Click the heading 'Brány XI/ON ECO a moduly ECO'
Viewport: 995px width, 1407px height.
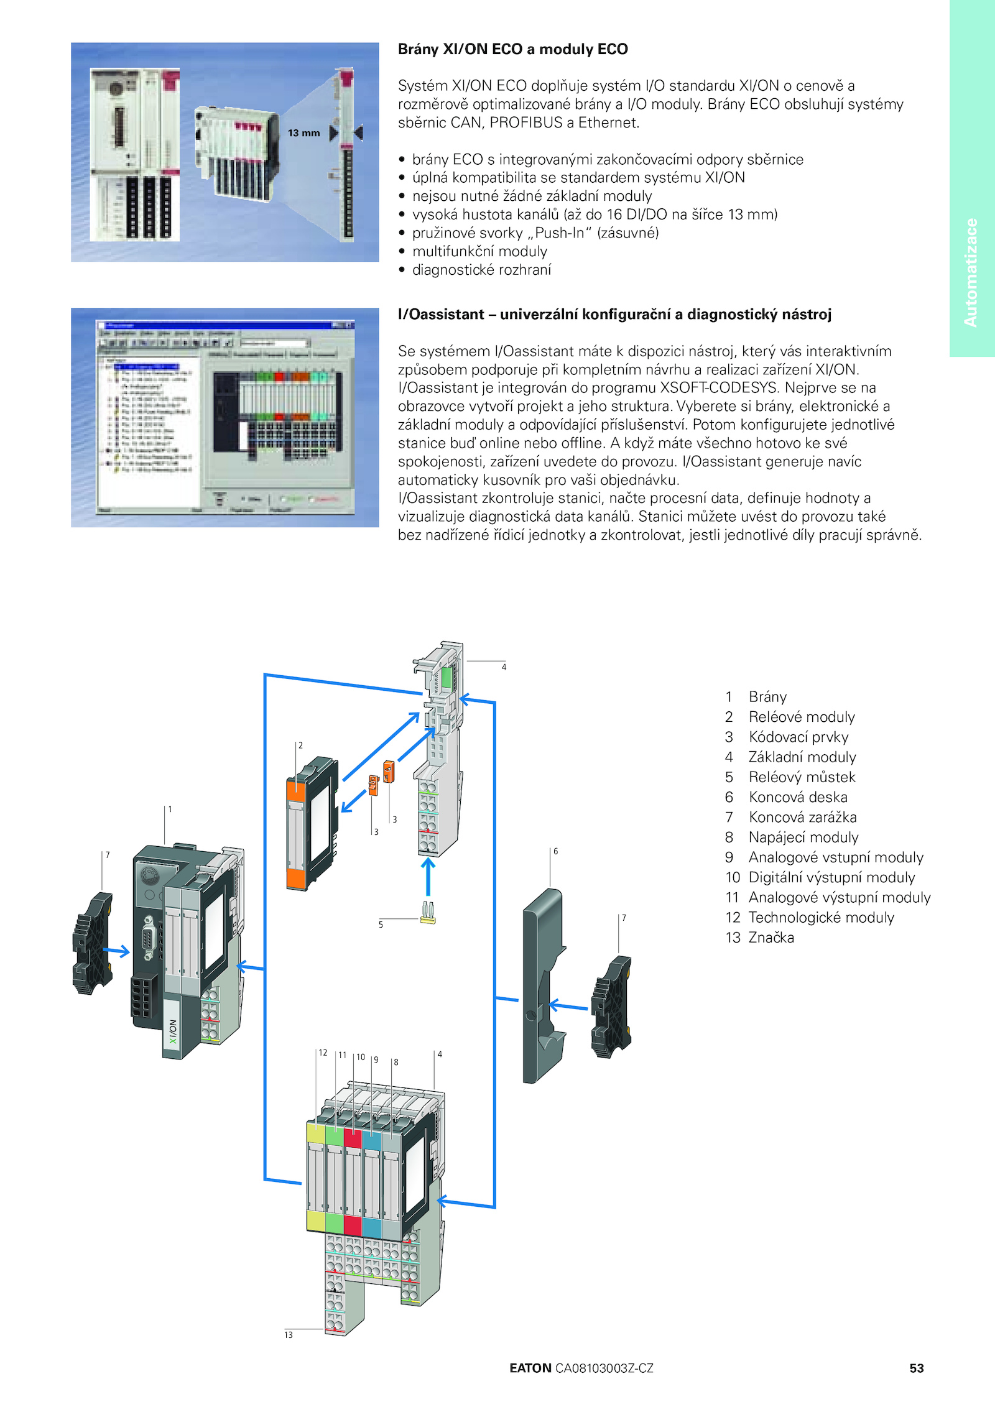pyautogui.click(x=512, y=49)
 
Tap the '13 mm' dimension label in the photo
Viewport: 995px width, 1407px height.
pyautogui.click(x=303, y=133)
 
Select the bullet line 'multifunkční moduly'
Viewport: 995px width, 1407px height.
pyautogui.click(x=479, y=251)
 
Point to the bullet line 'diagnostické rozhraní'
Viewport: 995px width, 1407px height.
pyautogui.click(x=481, y=270)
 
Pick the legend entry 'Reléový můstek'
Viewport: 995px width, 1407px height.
pyautogui.click(x=802, y=777)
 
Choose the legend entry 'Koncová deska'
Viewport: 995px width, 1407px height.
pyautogui.click(x=798, y=797)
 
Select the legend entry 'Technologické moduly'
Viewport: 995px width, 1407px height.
pyautogui.click(x=821, y=918)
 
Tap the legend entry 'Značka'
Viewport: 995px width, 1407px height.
pyautogui.click(x=771, y=938)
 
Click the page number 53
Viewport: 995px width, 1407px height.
pyautogui.click(x=916, y=1368)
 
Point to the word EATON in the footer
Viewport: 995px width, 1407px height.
pyautogui.click(x=530, y=1368)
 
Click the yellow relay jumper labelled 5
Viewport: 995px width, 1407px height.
pyautogui.click(x=428, y=913)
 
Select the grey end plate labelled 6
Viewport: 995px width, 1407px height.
pyautogui.click(x=542, y=982)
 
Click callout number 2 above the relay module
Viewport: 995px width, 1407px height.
pyautogui.click(x=300, y=745)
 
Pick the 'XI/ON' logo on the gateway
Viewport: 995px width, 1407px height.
pyautogui.click(x=173, y=1031)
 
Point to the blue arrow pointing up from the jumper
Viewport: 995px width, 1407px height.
pyautogui.click(x=428, y=875)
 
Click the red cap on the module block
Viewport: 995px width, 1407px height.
pyautogui.click(x=353, y=1138)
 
